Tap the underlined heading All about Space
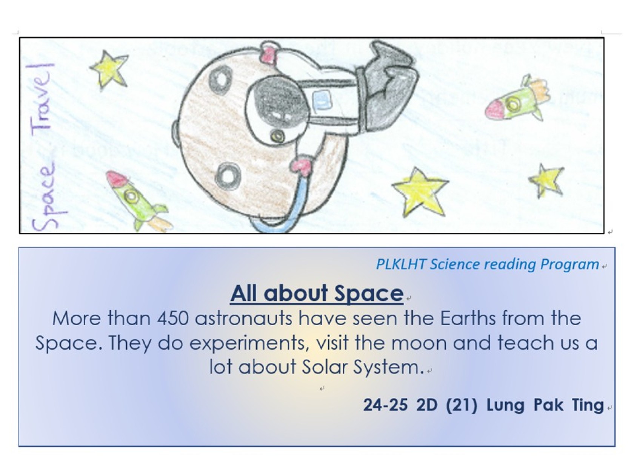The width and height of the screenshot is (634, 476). point(317,293)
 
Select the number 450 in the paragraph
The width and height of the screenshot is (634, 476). point(173,318)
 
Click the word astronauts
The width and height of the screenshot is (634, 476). point(243,318)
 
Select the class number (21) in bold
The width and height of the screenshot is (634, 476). point(461,405)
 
